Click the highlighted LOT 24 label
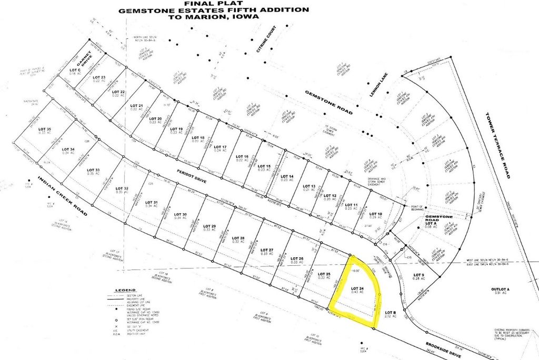click(x=358, y=288)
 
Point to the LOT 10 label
click(x=376, y=213)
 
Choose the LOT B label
click(x=390, y=313)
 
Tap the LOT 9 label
click(x=418, y=275)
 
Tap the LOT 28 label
click(x=238, y=239)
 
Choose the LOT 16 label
click(x=243, y=157)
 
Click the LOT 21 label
click(x=136, y=106)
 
